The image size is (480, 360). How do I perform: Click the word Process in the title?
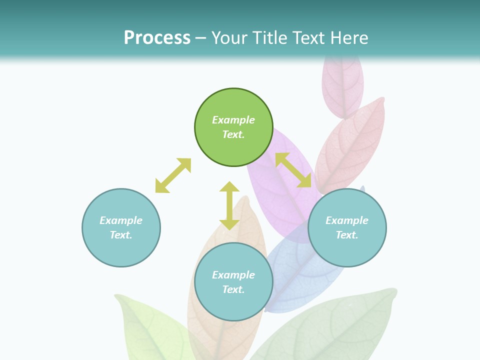157,38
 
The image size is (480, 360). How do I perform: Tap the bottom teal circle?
233,305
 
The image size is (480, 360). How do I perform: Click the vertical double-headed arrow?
229,205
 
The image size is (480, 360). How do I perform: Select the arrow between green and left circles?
173,175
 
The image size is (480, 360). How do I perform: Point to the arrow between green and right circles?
293,170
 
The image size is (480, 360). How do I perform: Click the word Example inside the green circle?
233,120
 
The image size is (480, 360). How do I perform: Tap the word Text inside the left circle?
121,235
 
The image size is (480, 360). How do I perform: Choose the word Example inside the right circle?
347,220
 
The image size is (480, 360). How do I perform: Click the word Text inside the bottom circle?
233,289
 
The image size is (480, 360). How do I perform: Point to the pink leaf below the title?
342,85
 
